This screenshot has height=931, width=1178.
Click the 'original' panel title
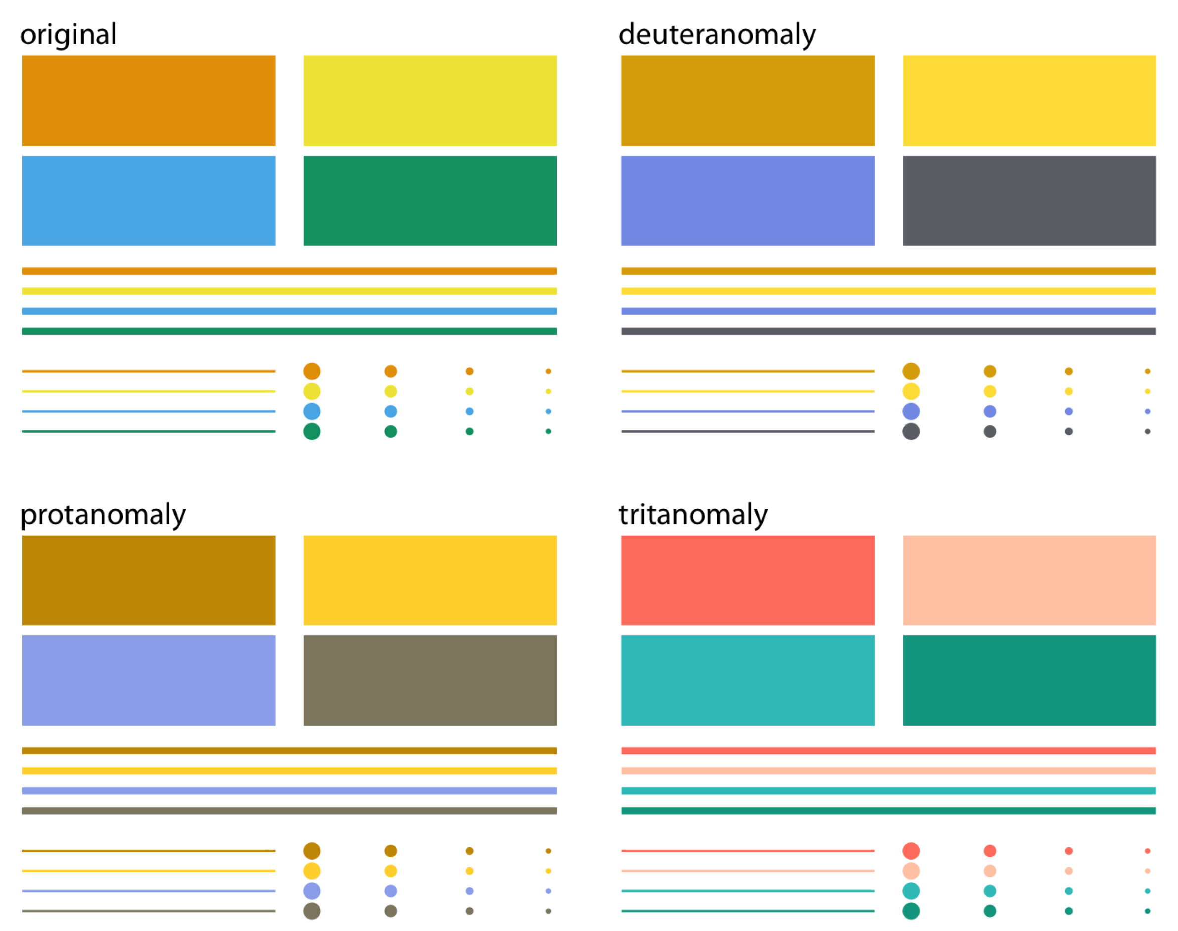69,34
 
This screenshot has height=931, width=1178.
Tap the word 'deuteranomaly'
717,34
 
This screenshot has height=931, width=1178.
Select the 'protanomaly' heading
103,515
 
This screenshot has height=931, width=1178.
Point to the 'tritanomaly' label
693,515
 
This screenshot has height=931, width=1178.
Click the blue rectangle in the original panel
149,201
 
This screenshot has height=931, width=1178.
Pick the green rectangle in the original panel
430,201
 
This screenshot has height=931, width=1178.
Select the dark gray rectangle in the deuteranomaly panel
1029,201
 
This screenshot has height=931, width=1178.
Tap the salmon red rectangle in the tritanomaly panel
747,580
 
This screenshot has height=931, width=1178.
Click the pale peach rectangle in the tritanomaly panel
1029,580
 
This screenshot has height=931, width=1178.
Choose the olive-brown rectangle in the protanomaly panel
430,680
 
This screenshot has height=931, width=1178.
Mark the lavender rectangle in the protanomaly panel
149,680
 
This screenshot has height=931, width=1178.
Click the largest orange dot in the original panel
312,371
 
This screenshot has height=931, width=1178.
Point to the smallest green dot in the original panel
548,431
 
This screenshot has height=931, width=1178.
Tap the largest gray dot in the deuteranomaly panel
911,431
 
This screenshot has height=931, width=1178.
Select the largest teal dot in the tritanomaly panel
911,891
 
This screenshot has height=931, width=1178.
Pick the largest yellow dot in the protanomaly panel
312,871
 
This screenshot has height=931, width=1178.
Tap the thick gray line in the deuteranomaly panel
888,331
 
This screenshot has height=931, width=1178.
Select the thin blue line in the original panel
149,411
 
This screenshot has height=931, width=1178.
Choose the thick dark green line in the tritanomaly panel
888,811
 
